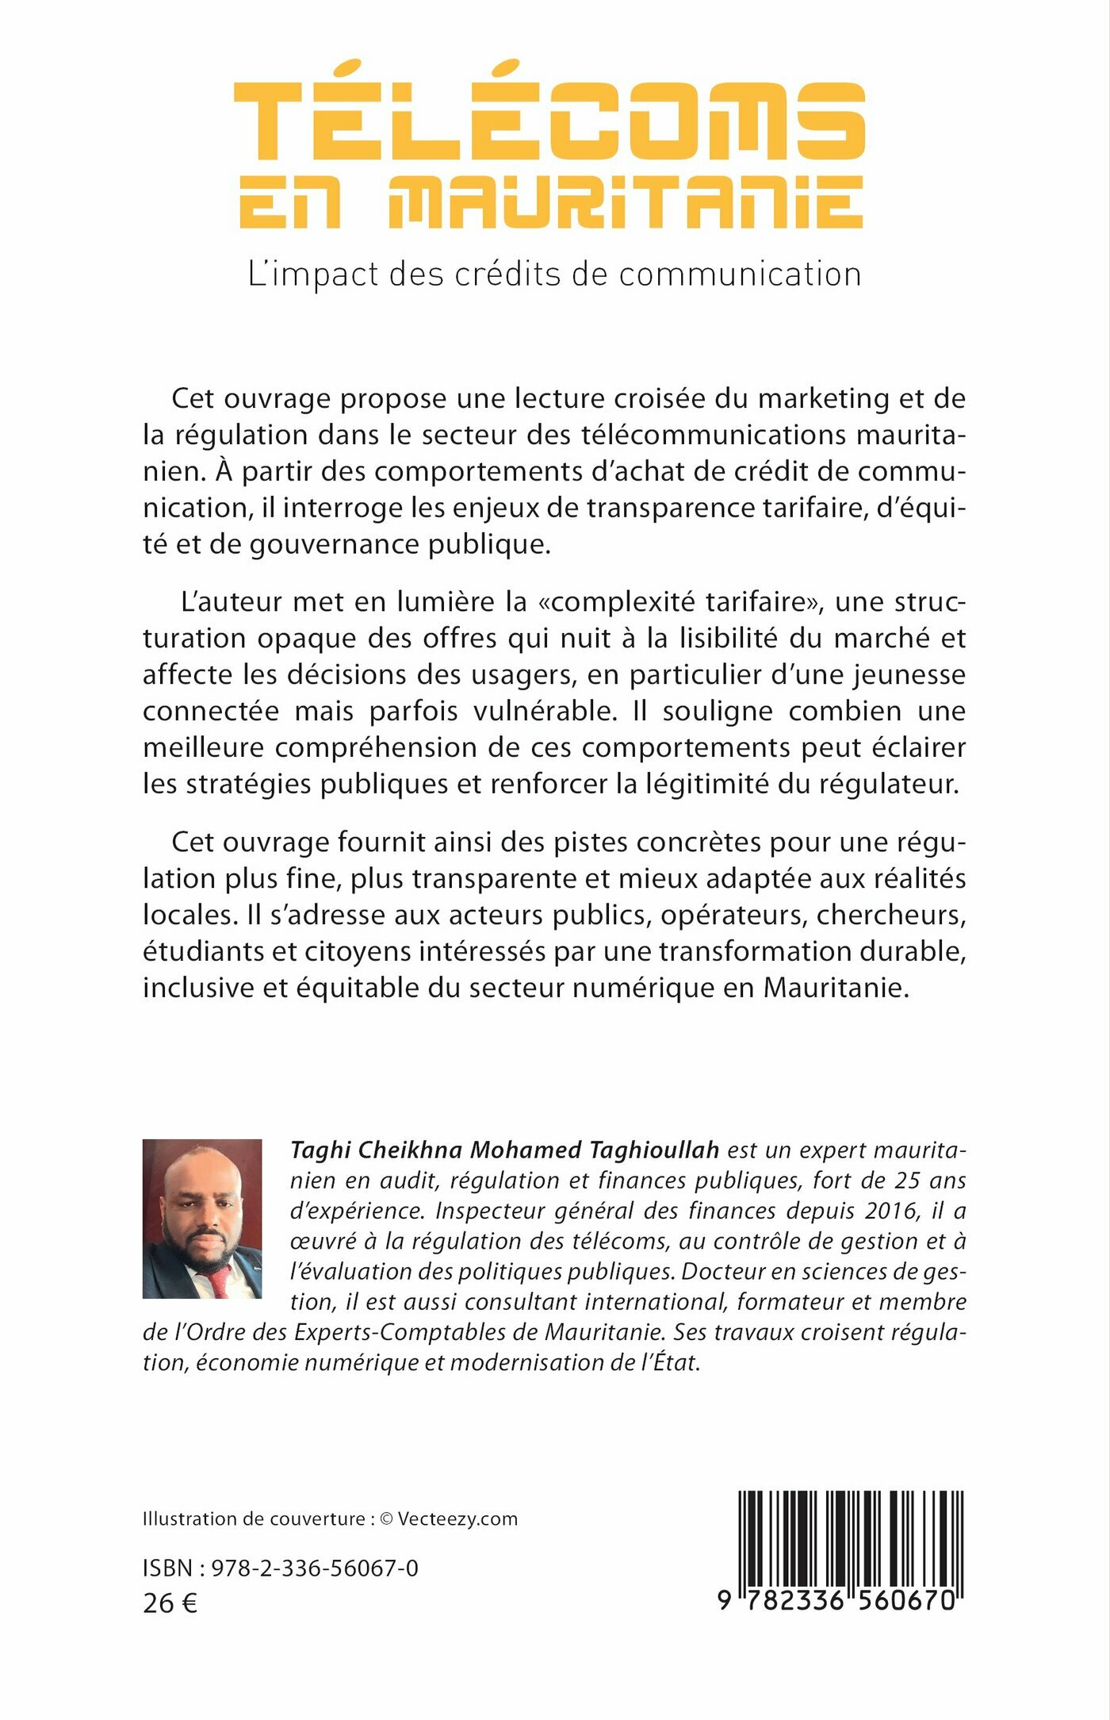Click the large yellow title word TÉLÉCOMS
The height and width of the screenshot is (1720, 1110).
(x=549, y=119)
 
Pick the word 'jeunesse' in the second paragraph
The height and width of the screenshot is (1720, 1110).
(x=909, y=675)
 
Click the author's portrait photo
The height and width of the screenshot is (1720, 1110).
(x=202, y=1219)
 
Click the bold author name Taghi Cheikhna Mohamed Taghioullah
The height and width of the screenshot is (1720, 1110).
(x=505, y=1150)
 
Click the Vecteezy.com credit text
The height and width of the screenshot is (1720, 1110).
(x=457, y=1519)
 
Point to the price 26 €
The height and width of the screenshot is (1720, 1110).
(x=170, y=1603)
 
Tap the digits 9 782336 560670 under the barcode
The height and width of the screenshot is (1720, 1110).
(x=837, y=1600)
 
